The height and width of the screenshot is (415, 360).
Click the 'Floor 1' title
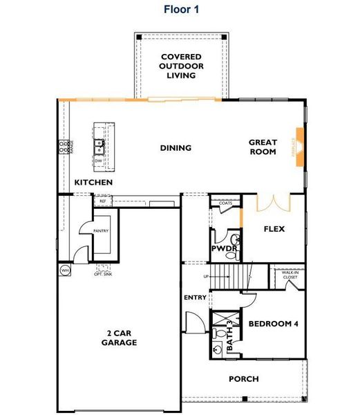(x=180, y=9)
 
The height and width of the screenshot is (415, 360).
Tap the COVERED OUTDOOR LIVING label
(x=180, y=66)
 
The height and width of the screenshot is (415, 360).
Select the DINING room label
(x=176, y=147)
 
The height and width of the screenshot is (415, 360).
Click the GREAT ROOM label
(x=263, y=147)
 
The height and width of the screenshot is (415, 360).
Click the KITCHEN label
(x=93, y=183)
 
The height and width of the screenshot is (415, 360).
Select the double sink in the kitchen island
(x=100, y=146)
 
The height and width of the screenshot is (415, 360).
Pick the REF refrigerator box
(x=103, y=201)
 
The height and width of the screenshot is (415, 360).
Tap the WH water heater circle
(x=65, y=270)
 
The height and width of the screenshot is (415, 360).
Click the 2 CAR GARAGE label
(x=119, y=337)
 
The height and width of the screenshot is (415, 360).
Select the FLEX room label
(x=274, y=229)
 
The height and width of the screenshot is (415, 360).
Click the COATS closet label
(x=225, y=203)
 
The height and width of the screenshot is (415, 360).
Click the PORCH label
(x=243, y=378)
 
